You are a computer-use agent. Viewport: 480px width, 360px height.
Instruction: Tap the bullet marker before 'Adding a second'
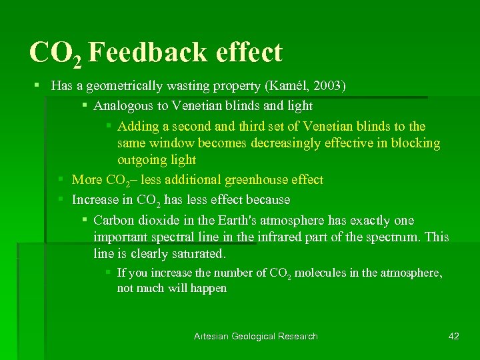109,126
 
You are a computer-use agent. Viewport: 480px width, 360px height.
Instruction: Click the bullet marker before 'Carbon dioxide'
85,220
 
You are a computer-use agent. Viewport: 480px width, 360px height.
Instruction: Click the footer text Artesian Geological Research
255,336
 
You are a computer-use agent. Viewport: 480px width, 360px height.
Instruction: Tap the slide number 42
453,336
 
